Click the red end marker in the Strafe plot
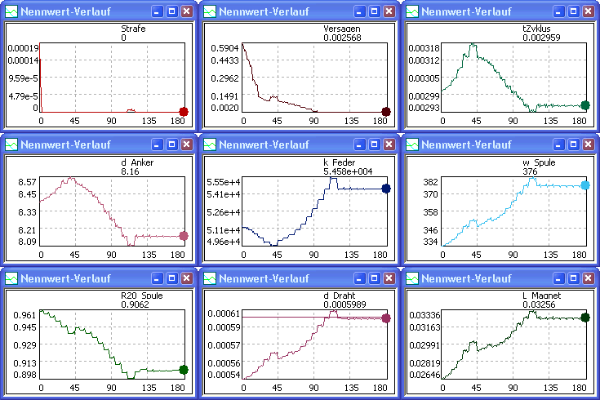[x=184, y=112]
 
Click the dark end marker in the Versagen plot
[x=386, y=112]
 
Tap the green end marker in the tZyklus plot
[x=585, y=104]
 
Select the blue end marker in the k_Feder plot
[x=386, y=189]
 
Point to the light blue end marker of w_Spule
[x=585, y=185]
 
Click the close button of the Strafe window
[x=187, y=11]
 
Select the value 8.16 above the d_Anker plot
[x=130, y=172]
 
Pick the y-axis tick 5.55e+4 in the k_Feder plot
[x=223, y=181]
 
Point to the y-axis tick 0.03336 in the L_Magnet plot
[x=422, y=314]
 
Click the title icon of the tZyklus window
[x=414, y=11]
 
